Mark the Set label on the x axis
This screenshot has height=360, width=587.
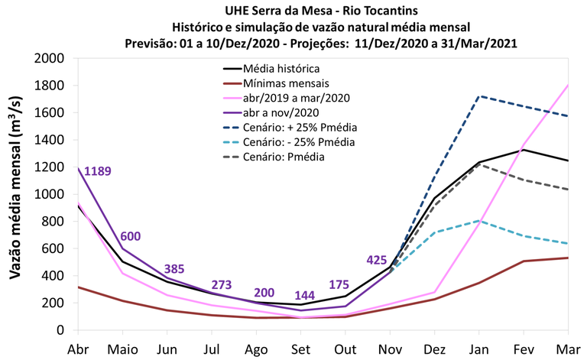click(300, 348)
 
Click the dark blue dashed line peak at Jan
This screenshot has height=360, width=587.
click(478, 96)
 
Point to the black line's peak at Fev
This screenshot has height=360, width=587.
click(524, 150)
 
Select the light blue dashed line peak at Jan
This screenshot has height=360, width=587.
click(478, 221)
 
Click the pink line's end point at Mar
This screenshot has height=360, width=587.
click(568, 86)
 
